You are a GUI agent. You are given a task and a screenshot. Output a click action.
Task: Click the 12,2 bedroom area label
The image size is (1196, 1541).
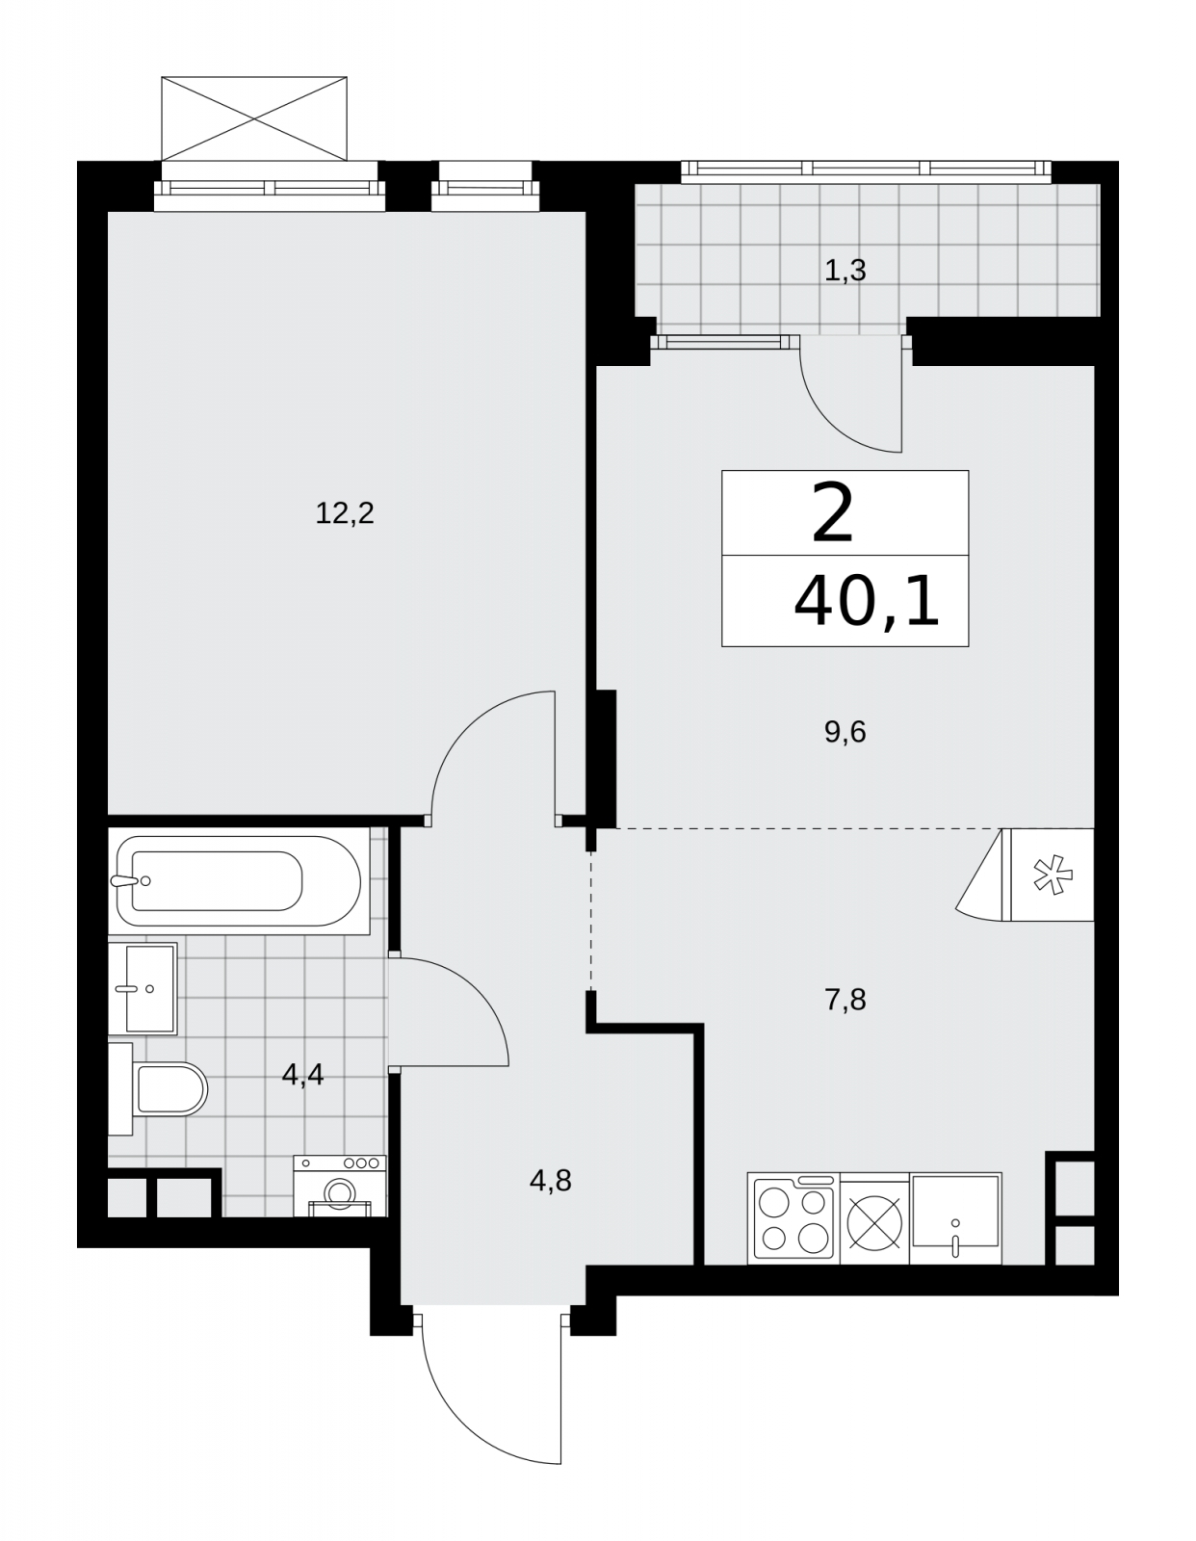pos(344,512)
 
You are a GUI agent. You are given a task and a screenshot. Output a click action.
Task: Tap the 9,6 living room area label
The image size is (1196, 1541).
pos(845,732)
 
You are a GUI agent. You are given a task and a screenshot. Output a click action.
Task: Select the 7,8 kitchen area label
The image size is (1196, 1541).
pos(845,1000)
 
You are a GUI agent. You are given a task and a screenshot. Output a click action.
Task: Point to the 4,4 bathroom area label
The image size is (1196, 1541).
pos(302,1075)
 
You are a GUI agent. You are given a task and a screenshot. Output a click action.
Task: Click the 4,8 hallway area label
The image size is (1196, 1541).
pos(550,1181)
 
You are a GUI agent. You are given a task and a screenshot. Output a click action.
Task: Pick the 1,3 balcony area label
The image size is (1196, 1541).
pos(845,271)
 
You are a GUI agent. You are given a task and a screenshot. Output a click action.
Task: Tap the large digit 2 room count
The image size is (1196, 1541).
pos(832,512)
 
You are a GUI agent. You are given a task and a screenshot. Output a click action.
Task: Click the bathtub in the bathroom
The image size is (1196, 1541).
pos(239,880)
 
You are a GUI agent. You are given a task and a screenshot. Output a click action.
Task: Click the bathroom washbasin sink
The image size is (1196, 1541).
pos(143,988)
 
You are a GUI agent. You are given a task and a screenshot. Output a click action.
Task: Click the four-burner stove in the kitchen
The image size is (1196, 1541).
pos(793,1218)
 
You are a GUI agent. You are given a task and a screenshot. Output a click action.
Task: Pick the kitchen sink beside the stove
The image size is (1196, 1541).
pos(955,1218)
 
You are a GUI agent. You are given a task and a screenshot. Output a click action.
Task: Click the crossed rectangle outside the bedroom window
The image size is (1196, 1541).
pos(254,118)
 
